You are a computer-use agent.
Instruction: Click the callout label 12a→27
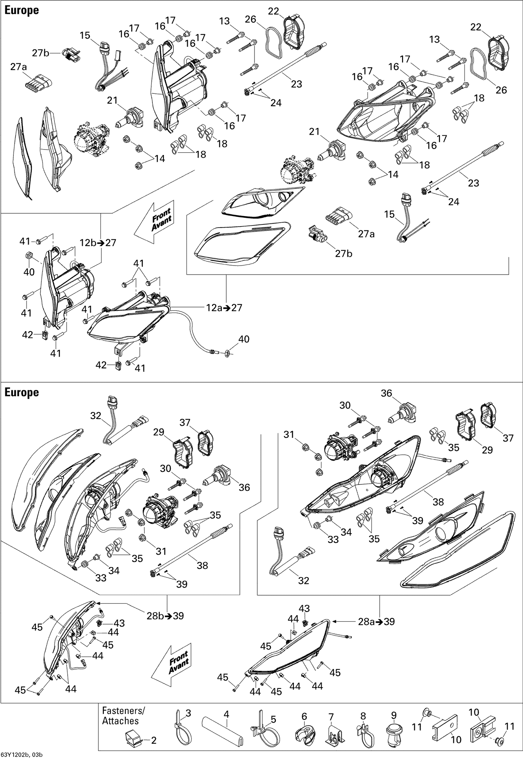(223, 308)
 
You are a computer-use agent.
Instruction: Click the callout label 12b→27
(98, 243)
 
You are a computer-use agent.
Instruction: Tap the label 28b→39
(165, 616)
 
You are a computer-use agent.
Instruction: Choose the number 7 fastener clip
(334, 734)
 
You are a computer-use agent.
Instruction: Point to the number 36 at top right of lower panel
(386, 393)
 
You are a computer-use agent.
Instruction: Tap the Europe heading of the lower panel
(22, 392)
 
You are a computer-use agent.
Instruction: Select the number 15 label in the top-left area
(85, 36)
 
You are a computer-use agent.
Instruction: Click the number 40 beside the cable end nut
(244, 339)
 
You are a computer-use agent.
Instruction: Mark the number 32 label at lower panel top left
(95, 415)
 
